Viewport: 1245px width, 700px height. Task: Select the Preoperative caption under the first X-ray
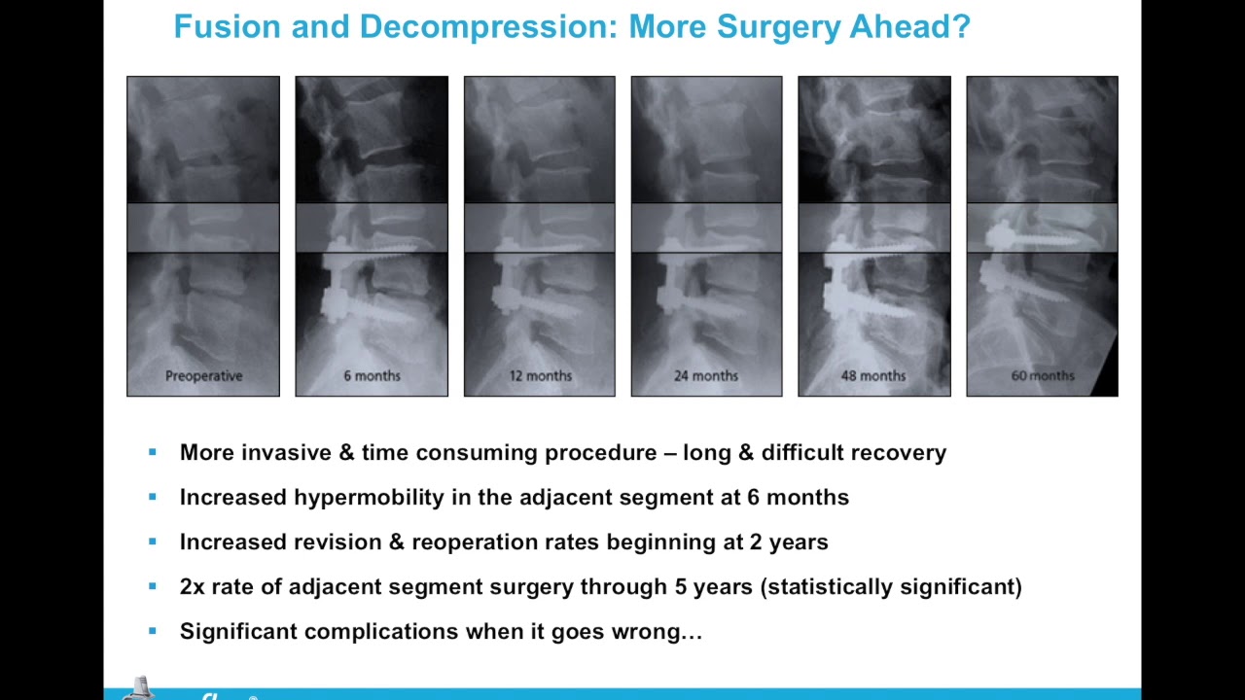coord(203,375)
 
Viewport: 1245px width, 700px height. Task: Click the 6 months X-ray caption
coord(372,375)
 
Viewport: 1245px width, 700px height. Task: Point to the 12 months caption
coord(540,375)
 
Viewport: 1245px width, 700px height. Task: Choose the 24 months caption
coord(706,375)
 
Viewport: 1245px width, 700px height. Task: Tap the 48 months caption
coord(873,375)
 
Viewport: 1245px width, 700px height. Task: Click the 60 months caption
coord(1042,375)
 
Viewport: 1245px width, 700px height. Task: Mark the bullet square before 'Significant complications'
coord(152,631)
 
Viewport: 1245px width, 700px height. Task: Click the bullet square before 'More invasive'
coord(152,452)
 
